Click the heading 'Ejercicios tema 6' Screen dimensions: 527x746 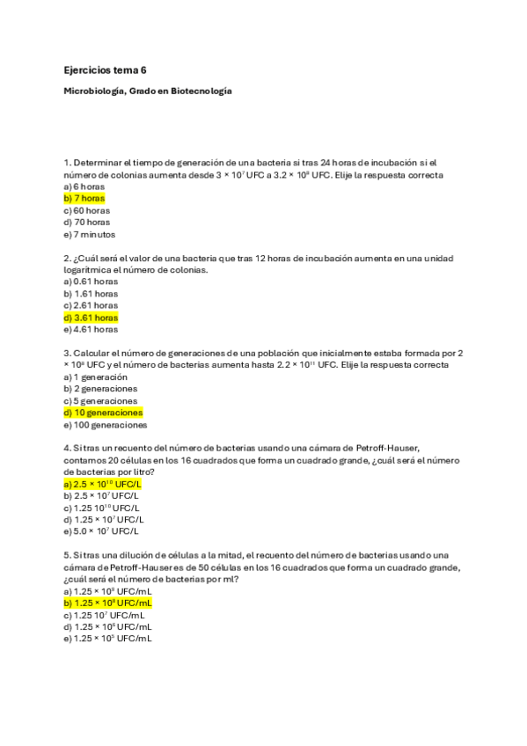coord(105,69)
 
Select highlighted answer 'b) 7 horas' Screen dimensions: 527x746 coord(84,199)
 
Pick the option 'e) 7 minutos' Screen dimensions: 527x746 coord(90,235)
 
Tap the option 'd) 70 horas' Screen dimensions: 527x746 coord(87,223)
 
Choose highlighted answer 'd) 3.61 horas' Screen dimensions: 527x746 coord(91,318)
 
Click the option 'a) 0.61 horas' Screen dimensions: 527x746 coord(91,282)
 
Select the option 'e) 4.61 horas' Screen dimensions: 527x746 coord(91,329)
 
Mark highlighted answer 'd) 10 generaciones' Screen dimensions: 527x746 coord(103,413)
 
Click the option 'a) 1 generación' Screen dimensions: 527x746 coord(96,377)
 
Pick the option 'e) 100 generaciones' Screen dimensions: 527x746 coord(106,425)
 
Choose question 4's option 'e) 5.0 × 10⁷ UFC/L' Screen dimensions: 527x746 coord(101,531)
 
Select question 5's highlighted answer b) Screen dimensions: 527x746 coord(107,603)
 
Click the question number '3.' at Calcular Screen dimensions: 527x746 coord(68,353)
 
